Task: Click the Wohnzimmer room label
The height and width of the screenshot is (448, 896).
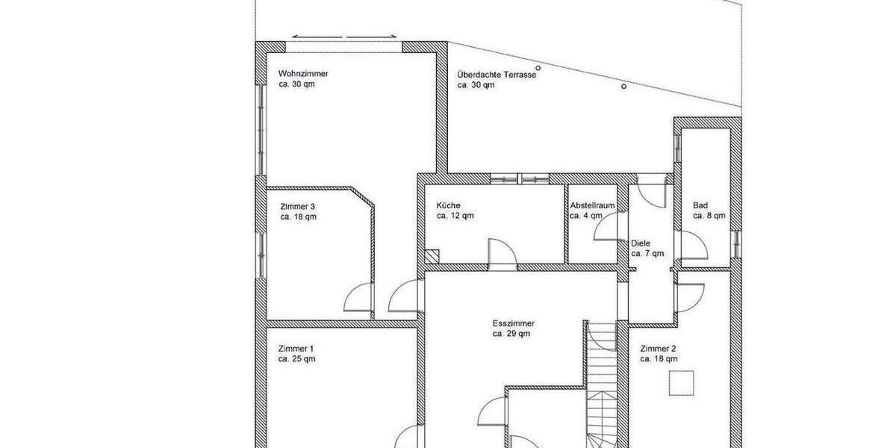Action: point(303,74)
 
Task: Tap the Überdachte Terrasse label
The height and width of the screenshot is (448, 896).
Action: point(497,75)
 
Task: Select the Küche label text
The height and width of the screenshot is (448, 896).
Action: point(449,205)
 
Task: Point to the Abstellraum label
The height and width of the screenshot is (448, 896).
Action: point(592,205)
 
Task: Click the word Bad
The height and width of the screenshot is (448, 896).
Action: point(700,205)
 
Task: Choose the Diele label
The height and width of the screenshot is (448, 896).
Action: point(641,243)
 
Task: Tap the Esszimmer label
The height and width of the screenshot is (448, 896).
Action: point(513,323)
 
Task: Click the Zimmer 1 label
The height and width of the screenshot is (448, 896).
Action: point(296,349)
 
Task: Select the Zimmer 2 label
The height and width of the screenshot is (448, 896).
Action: point(659,349)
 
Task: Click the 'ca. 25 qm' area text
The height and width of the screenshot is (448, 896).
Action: point(297,359)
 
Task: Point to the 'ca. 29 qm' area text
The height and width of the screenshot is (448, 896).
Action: point(511,334)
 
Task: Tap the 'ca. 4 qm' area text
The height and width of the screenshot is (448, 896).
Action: point(585,216)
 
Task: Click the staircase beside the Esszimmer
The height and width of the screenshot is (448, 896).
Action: point(602,388)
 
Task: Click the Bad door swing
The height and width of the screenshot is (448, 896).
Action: point(691,246)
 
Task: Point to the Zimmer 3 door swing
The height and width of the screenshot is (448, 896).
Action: point(358,299)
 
